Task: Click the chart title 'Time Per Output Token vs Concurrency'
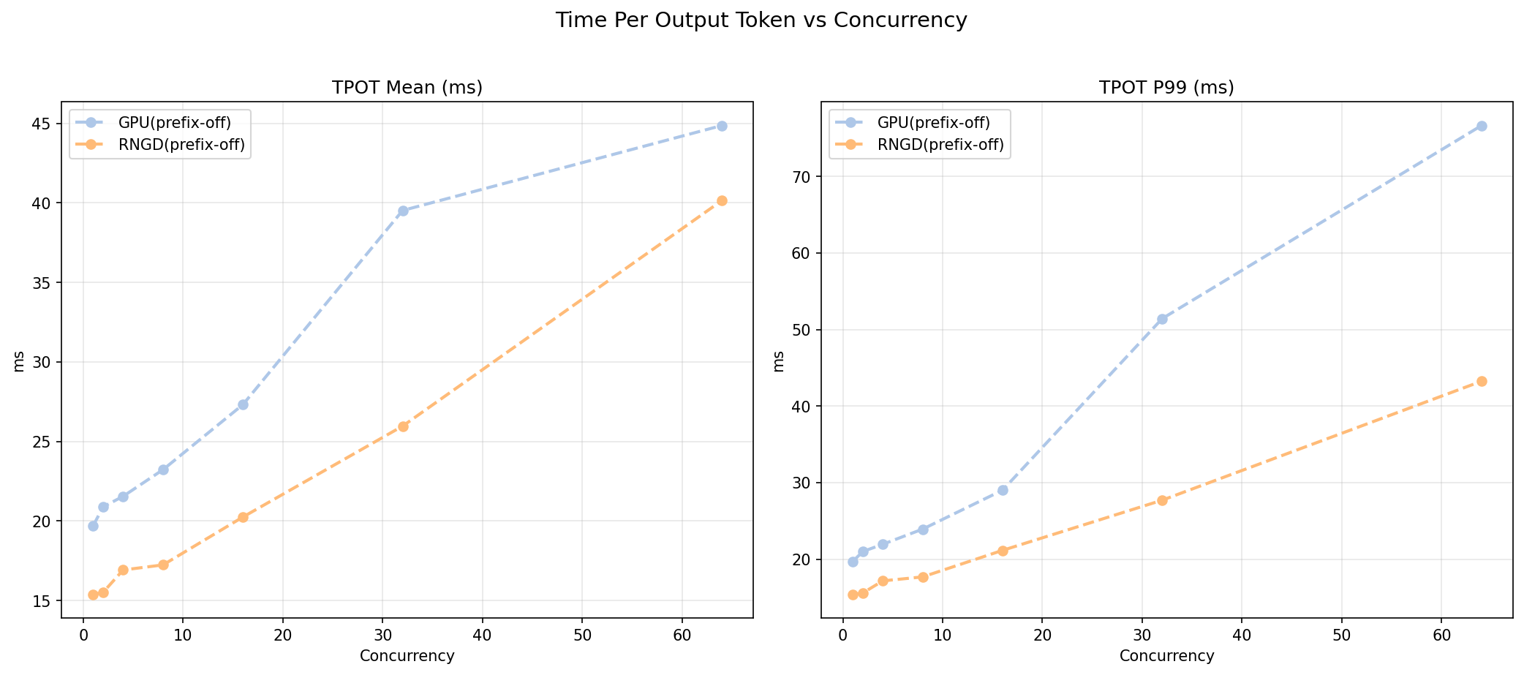pyautogui.click(x=761, y=20)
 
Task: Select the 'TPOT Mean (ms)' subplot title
pyautogui.click(x=407, y=88)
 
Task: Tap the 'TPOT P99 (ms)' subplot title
pyautogui.click(x=1166, y=88)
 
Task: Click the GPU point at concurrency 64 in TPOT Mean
pyautogui.click(x=722, y=126)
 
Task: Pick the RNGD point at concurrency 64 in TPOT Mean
pyautogui.click(x=722, y=200)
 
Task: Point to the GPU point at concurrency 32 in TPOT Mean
pyautogui.click(x=403, y=211)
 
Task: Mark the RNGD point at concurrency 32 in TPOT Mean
pyautogui.click(x=403, y=426)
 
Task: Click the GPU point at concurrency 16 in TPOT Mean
pyautogui.click(x=243, y=404)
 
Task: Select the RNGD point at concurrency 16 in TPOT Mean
pyautogui.click(x=243, y=517)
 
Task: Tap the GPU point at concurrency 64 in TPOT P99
pyautogui.click(x=1482, y=126)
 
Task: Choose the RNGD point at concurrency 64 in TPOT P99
pyautogui.click(x=1482, y=381)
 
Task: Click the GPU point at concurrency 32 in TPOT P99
pyautogui.click(x=1162, y=319)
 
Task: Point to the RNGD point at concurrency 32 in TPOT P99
pyautogui.click(x=1162, y=500)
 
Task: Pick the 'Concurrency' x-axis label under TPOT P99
pyautogui.click(x=1166, y=656)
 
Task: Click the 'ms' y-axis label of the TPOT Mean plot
pyautogui.click(x=19, y=361)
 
